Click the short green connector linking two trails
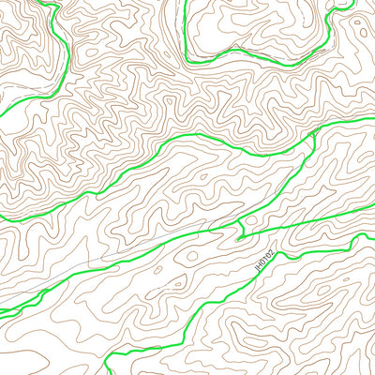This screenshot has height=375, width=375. pyautogui.click(x=242, y=225)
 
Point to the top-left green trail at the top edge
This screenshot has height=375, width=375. pyautogui.click(x=43, y=2)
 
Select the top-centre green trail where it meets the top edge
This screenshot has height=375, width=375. pyautogui.click(x=187, y=2)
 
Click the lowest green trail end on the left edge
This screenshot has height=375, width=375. pyautogui.click(x=2, y=313)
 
